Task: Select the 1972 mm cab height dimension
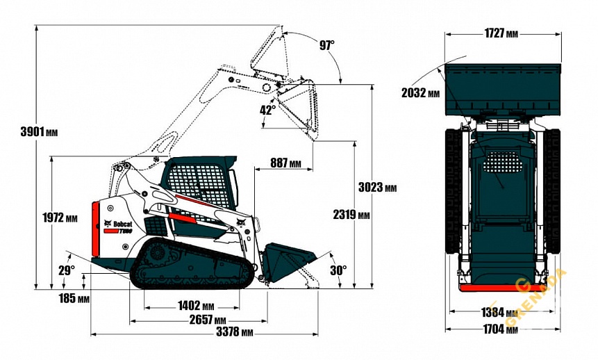click(x=60, y=218)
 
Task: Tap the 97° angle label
click(x=326, y=45)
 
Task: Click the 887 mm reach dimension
click(x=285, y=163)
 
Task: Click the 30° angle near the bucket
click(x=338, y=270)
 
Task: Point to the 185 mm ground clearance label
click(x=74, y=299)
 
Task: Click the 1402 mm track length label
click(x=196, y=306)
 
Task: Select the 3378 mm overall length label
click(x=233, y=332)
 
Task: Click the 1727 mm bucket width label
click(x=501, y=33)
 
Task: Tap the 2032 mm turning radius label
click(x=421, y=92)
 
